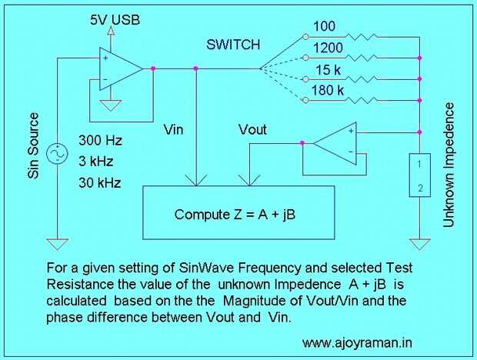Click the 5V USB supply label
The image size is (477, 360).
click(115, 20)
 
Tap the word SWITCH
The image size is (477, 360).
click(233, 45)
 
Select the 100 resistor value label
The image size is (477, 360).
click(324, 26)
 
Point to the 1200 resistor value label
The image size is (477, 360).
click(328, 48)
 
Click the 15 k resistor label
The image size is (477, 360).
click(329, 70)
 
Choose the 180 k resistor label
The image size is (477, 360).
click(327, 90)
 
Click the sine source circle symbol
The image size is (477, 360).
click(57, 154)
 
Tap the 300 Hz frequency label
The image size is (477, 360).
click(100, 141)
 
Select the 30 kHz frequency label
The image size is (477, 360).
click(100, 183)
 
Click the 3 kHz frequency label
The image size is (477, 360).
click(96, 161)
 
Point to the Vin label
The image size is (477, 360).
click(173, 129)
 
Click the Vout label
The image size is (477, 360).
click(252, 129)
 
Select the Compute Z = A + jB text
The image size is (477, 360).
click(235, 215)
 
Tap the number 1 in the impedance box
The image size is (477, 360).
click(419, 165)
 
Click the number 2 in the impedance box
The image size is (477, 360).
click(420, 188)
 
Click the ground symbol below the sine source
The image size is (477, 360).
click(57, 244)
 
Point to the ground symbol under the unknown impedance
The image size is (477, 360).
click(420, 244)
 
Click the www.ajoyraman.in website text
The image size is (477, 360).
click(357, 342)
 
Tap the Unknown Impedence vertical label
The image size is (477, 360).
click(449, 165)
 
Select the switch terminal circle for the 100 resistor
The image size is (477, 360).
click(305, 37)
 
